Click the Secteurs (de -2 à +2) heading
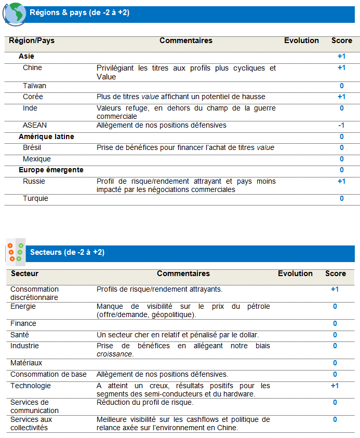click(x=68, y=253)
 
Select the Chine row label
click(x=32, y=68)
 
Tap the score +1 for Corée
click(x=341, y=97)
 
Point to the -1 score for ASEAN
click(x=341, y=125)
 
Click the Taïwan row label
click(x=34, y=86)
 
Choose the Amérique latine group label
click(x=46, y=137)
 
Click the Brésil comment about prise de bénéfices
click(x=185, y=148)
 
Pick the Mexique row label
click(x=36, y=159)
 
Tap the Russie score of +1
click(x=341, y=182)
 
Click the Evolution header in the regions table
click(x=301, y=40)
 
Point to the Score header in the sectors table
click(x=335, y=273)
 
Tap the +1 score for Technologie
click(x=335, y=386)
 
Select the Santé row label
click(x=20, y=335)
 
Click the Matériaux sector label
click(x=26, y=363)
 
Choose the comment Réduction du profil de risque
click(x=145, y=403)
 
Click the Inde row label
click(x=30, y=108)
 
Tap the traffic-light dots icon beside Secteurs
click(x=16, y=252)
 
